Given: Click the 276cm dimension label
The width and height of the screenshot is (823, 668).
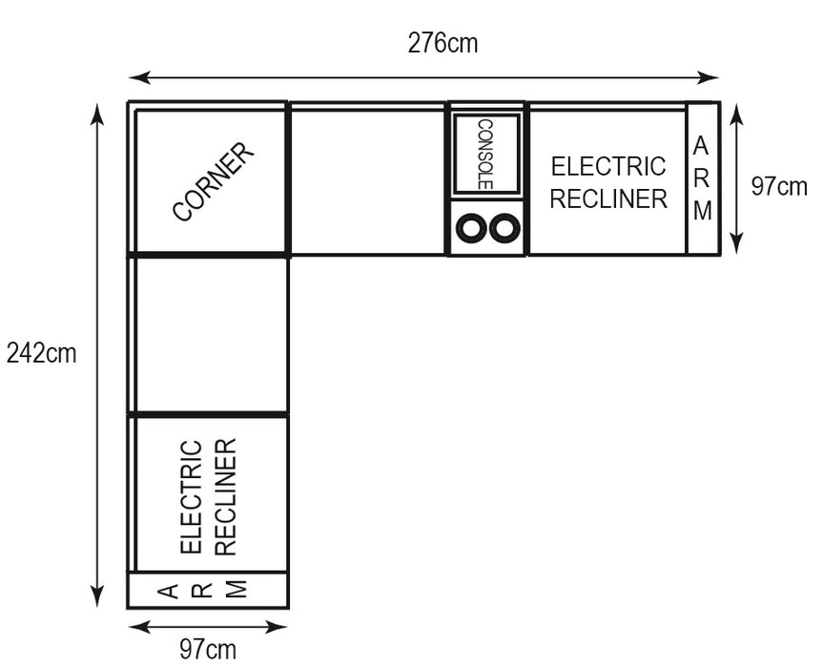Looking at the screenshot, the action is point(442,43).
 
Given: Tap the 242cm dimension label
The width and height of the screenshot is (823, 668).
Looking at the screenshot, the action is point(41,353).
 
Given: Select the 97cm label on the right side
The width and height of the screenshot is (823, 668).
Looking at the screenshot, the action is point(779,186).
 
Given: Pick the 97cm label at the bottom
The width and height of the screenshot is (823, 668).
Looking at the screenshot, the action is point(208,650).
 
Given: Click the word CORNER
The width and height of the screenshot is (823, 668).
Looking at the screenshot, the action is point(214,181).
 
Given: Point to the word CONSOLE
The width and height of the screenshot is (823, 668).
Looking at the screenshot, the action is point(485,155).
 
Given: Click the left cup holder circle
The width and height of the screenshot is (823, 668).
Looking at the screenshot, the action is point(471,228).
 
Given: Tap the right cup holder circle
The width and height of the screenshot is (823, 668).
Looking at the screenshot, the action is point(504,228).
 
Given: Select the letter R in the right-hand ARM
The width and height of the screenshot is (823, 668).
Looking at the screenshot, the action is point(702,178).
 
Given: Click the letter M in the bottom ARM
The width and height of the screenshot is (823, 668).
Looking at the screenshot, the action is point(237,590).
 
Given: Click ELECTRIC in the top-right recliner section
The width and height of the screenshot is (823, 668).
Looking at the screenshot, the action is point(608,166).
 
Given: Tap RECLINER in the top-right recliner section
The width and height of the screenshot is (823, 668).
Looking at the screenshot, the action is point(608,198).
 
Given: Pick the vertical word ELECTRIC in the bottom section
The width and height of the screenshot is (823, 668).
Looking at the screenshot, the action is point(191,497).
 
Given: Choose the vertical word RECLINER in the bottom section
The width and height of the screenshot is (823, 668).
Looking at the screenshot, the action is point(226,497).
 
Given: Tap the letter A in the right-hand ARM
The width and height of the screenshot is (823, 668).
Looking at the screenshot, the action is point(701,146).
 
